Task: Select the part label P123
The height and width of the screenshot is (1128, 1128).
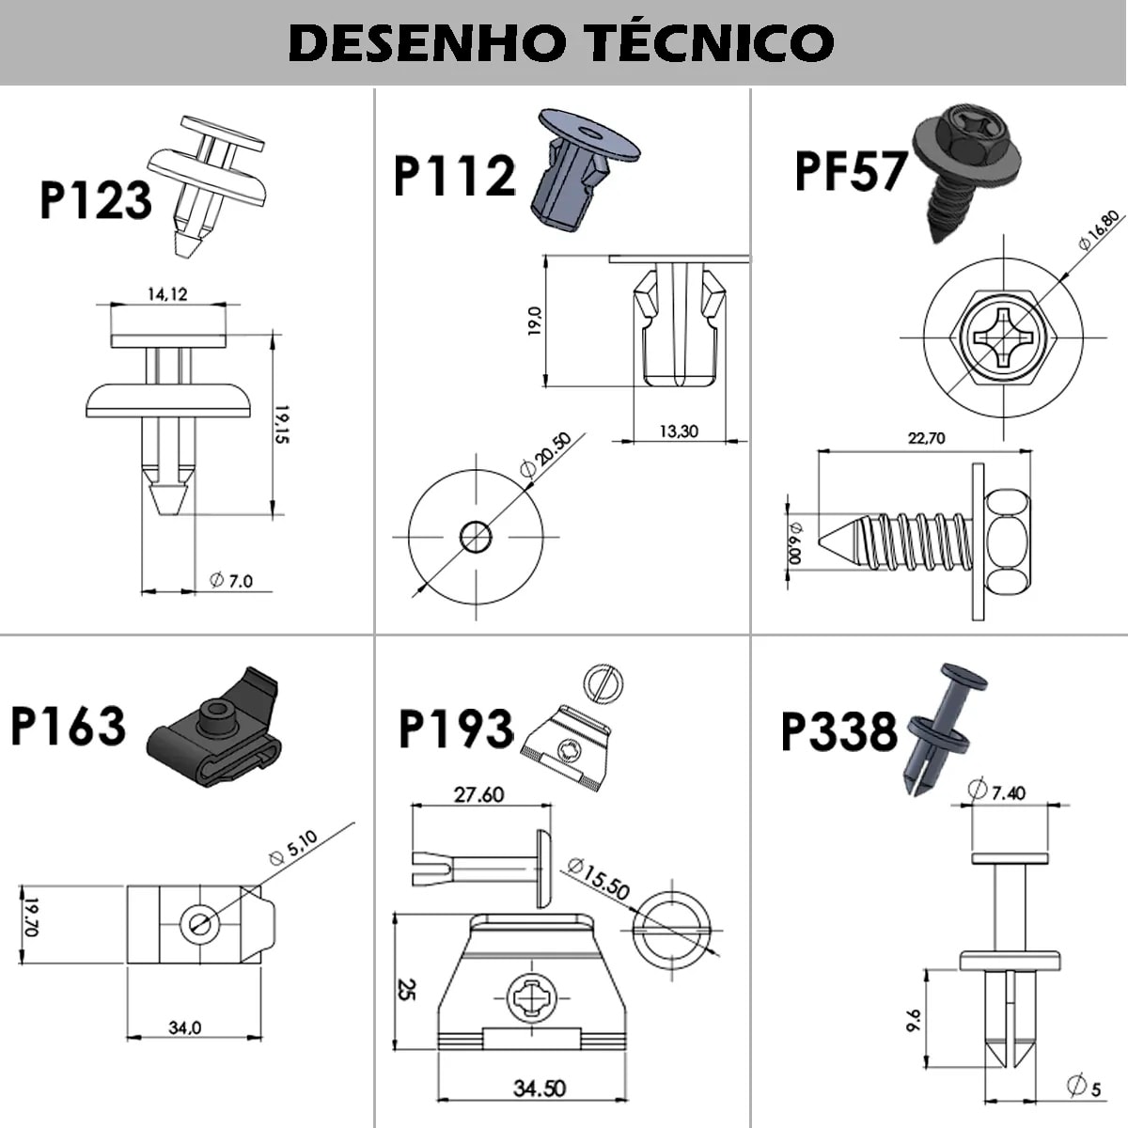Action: click(95, 200)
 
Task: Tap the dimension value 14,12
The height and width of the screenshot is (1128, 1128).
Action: click(167, 294)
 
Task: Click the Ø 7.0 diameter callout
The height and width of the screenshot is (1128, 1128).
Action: click(231, 581)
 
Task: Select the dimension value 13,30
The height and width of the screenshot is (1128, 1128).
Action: click(678, 431)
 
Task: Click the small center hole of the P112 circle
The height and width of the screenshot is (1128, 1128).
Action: click(476, 538)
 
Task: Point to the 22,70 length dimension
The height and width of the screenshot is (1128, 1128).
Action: click(927, 438)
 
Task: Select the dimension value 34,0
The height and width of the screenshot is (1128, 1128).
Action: click(184, 1028)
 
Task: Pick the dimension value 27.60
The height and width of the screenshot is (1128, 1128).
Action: click(478, 795)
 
